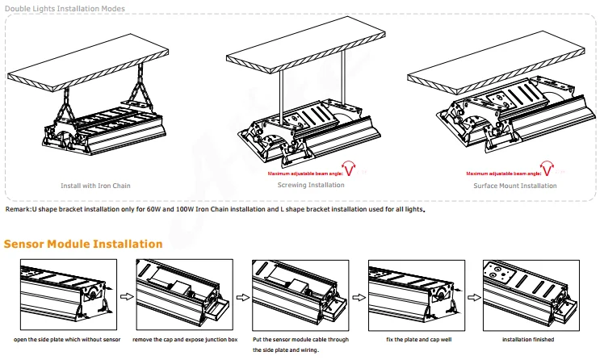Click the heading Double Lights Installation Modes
coord(65,8)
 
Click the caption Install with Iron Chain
coord(95,186)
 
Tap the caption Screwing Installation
coord(310,185)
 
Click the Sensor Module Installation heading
coord(84,244)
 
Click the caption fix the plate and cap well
coord(415,339)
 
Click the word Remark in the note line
coord(18,209)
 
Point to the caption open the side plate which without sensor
coord(67,339)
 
